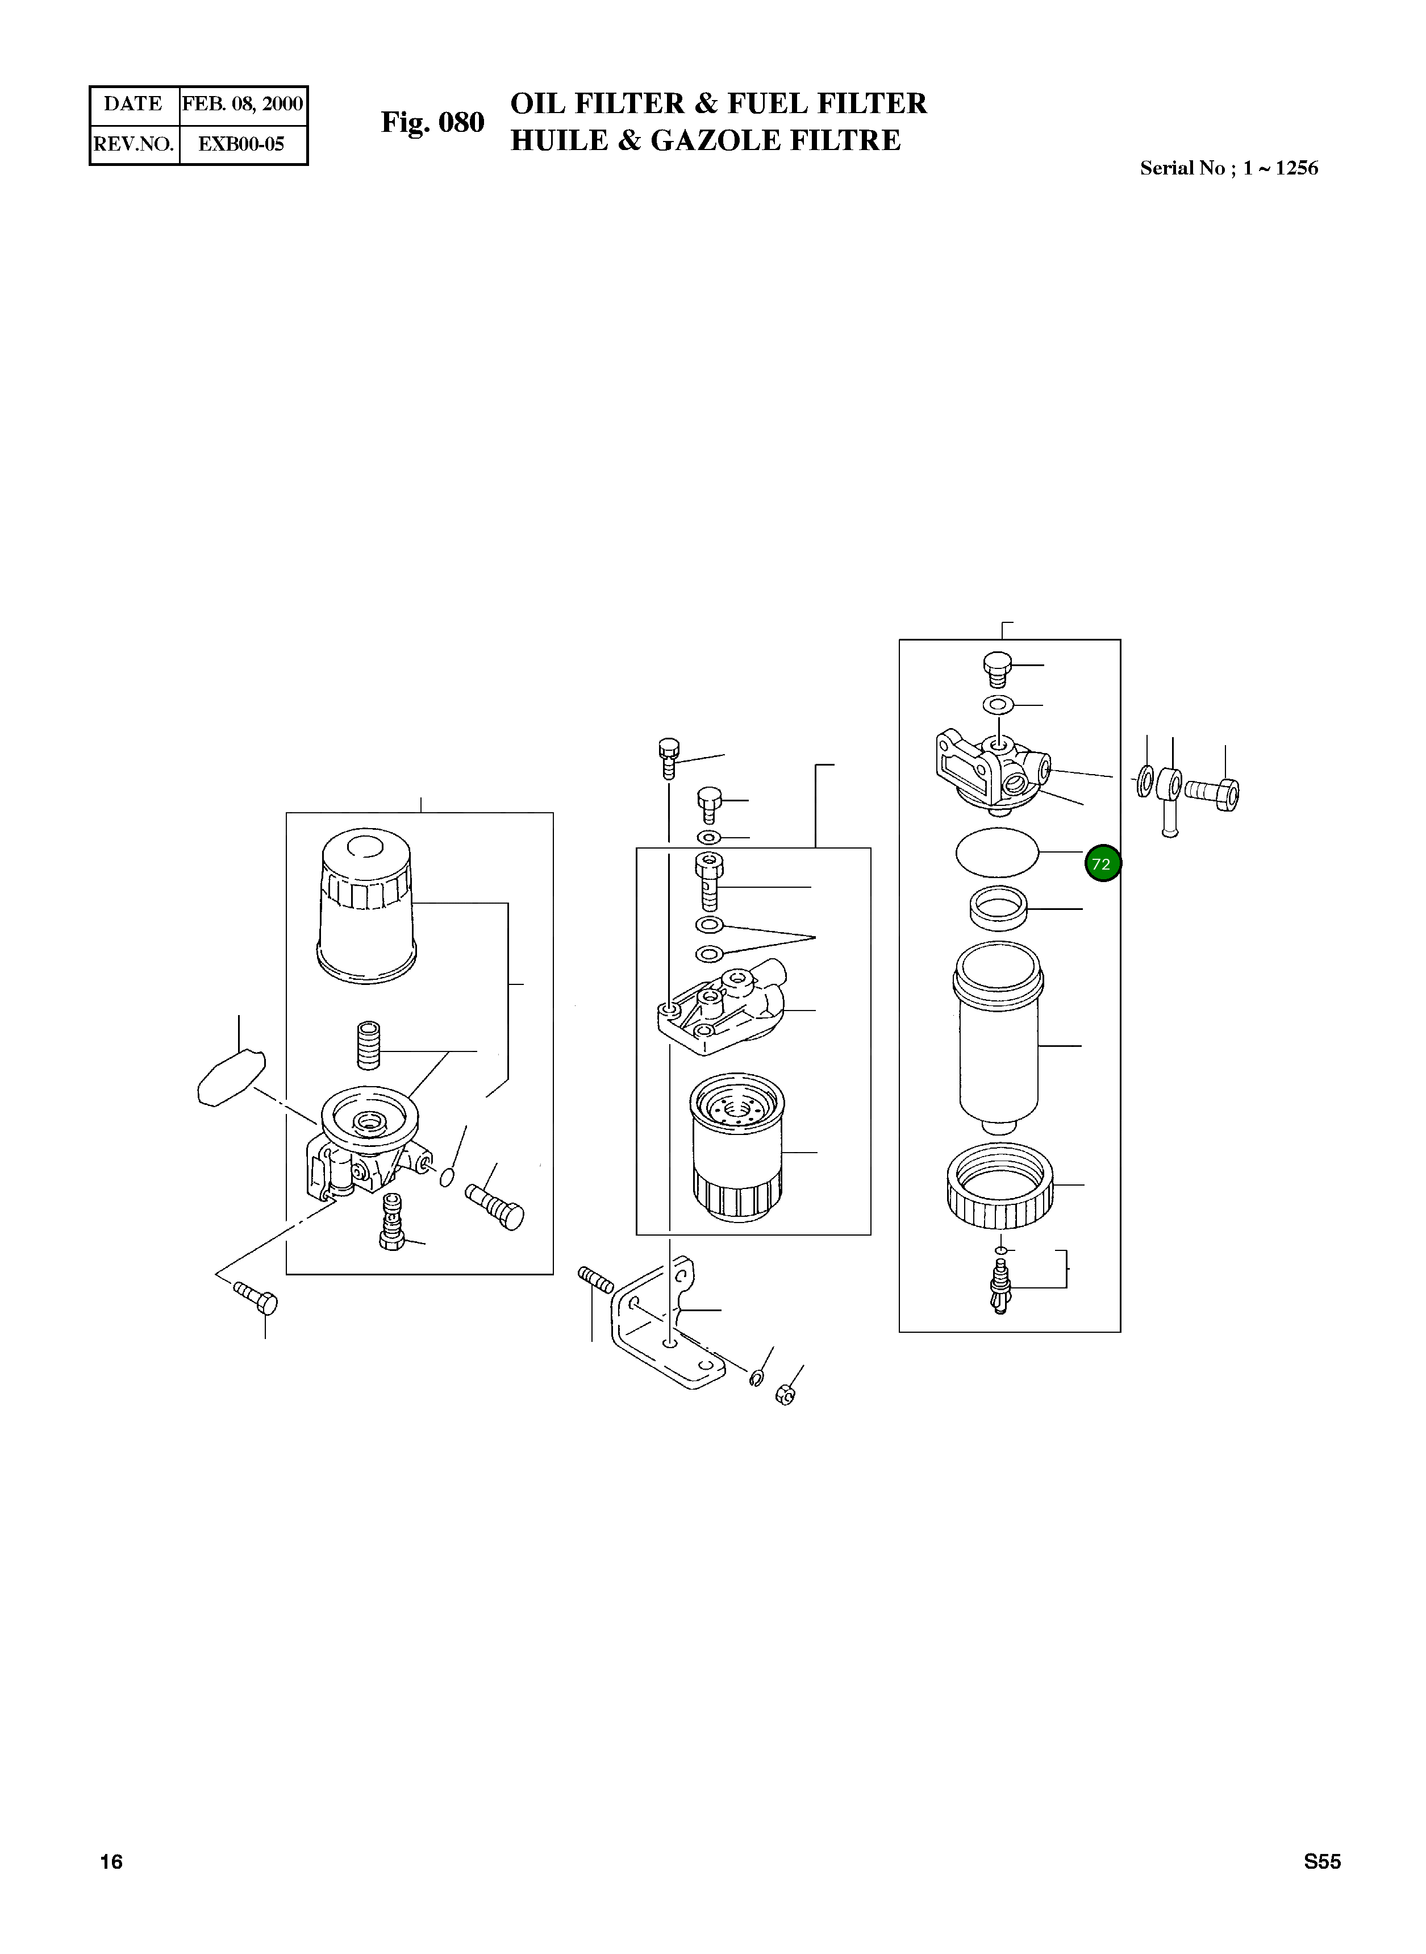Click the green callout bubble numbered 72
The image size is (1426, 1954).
click(x=1102, y=863)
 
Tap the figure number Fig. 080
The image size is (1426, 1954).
click(x=432, y=123)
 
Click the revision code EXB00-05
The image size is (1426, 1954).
click(x=241, y=144)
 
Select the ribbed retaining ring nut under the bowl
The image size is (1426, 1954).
click(x=999, y=1187)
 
